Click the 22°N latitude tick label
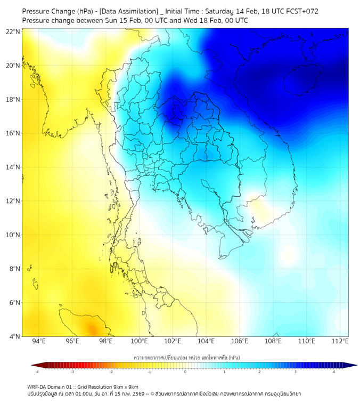click(13, 31)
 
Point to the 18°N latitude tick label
click(13, 99)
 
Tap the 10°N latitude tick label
click(13, 235)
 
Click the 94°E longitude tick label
click(39, 342)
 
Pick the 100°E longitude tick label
click(139, 342)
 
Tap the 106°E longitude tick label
click(240, 342)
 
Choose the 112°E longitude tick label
click(340, 342)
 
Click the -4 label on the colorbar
click(37, 372)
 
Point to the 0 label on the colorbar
click(185, 372)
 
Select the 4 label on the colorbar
click(334, 372)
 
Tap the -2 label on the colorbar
click(111, 372)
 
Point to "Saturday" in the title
click(220, 11)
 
